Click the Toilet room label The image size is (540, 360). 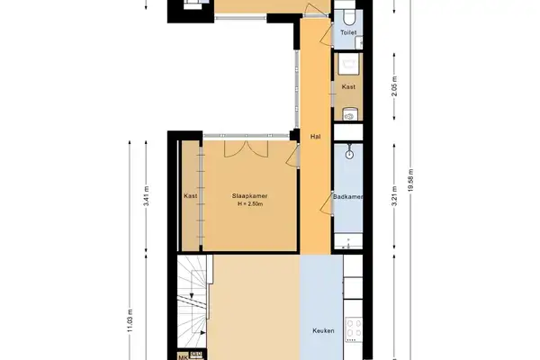pyautogui.click(x=348, y=32)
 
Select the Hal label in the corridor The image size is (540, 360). pyautogui.click(x=315, y=137)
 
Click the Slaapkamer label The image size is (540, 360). pyautogui.click(x=252, y=196)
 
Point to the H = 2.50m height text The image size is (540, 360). pyautogui.click(x=252, y=205)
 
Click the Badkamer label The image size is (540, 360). pyautogui.click(x=347, y=196)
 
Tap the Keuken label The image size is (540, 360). pyautogui.click(x=324, y=331)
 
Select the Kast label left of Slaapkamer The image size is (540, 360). pyautogui.click(x=191, y=196)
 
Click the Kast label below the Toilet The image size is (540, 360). pyautogui.click(x=348, y=87)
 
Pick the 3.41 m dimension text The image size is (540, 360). pyautogui.click(x=147, y=196)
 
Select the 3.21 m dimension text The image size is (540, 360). pyautogui.click(x=394, y=196)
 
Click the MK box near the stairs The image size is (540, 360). pyautogui.click(x=184, y=356)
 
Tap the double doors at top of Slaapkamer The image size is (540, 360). pyautogui.click(x=244, y=149)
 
